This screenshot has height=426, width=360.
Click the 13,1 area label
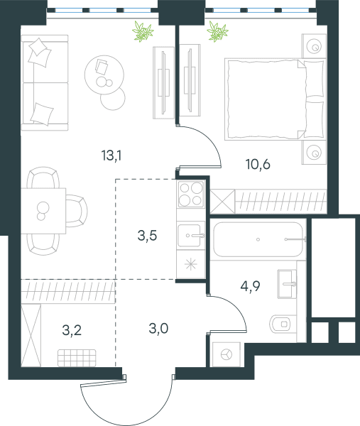click(111, 156)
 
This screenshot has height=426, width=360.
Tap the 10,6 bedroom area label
click(258, 165)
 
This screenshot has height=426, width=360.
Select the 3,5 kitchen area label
click(147, 235)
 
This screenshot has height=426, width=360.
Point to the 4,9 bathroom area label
click(250, 286)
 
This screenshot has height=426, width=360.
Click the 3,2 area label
click(72, 330)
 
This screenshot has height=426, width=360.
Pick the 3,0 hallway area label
click(158, 328)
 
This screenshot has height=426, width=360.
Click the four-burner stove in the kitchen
click(191, 195)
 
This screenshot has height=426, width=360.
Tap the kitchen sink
click(191, 235)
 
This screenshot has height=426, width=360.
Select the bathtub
click(258, 239)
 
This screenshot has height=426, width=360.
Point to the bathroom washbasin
click(287, 284)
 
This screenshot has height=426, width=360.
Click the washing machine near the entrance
click(227, 354)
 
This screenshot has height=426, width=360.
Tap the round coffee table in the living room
click(104, 75)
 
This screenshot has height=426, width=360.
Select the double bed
click(275, 99)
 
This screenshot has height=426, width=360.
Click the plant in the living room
click(143, 31)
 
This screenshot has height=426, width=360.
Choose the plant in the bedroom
click(217, 31)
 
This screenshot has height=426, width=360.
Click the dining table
click(43, 211)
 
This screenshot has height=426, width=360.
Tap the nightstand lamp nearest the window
click(315, 46)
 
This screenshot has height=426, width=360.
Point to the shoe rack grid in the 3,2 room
click(77, 358)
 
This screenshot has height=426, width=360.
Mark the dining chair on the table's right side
click(77, 211)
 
